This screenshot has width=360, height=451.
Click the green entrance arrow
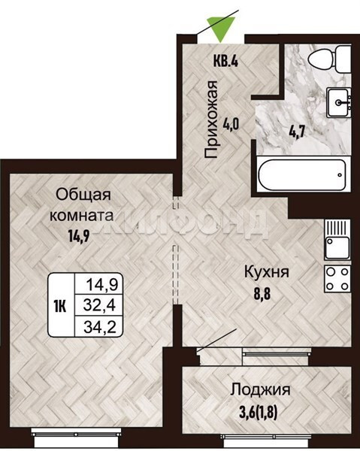(221, 29)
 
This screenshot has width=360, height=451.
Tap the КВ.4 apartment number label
(225, 61)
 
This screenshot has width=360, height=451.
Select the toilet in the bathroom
(329, 59)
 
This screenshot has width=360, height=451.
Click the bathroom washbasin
(338, 102)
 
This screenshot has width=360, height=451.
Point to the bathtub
(302, 175)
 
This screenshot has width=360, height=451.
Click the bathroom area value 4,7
(296, 132)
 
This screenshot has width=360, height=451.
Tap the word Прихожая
(210, 120)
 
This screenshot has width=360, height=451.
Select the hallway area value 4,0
(231, 125)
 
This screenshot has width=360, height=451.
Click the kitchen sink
(337, 239)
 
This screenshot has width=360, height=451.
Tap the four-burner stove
(337, 278)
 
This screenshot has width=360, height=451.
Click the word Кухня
(267, 272)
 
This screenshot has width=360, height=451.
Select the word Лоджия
(261, 390)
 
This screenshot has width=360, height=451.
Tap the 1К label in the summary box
(60, 305)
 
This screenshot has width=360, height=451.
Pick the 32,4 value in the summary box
(99, 305)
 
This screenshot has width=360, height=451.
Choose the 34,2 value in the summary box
(100, 326)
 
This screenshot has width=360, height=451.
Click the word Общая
(83, 195)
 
